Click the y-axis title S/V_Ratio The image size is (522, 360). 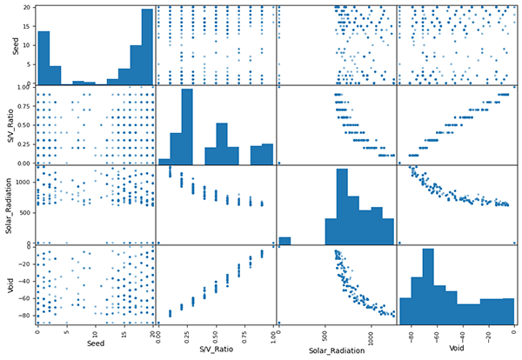[x=9, y=125]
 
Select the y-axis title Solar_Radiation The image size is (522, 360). [x=9, y=206]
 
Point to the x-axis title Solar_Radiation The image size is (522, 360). [x=336, y=350]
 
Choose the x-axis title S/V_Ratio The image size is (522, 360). [x=216, y=350]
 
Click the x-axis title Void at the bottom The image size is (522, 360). [x=456, y=350]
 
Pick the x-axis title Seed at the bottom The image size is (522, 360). [x=95, y=350]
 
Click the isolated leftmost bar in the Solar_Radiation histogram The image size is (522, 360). [x=291, y=240]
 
